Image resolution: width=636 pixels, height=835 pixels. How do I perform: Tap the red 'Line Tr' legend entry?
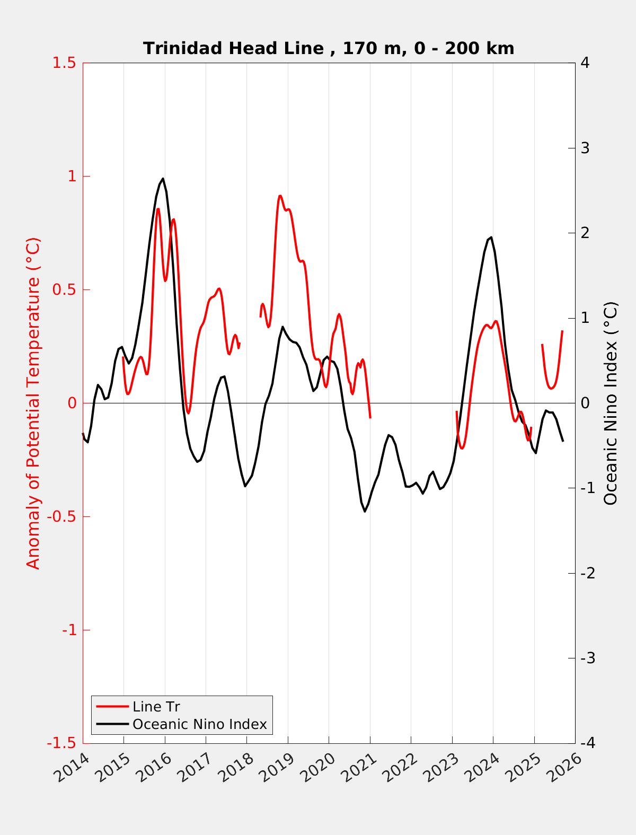pos(156,707)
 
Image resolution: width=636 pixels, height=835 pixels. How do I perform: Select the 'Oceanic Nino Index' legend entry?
pos(199,724)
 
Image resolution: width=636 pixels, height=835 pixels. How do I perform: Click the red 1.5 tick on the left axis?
pos(64,63)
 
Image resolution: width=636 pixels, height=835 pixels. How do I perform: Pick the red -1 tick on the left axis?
pos(68,630)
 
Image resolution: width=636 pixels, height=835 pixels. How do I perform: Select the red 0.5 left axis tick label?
pos(64,289)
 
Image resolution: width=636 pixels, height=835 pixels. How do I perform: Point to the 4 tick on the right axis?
pos(585,63)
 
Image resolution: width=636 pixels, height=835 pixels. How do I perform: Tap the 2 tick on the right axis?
pos(585,233)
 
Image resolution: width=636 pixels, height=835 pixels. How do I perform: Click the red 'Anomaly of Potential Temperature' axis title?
pos(33,403)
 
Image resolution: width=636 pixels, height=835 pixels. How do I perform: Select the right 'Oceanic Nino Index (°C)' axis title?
pos(611,403)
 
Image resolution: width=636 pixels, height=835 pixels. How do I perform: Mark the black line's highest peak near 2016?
pos(163,179)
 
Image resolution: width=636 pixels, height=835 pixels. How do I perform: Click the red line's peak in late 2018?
pos(280,196)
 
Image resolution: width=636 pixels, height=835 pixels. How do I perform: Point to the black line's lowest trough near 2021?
pos(365,511)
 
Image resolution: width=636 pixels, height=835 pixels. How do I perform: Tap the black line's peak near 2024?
pos(491,238)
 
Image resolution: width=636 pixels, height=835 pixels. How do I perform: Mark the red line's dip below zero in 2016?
pos(188,413)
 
